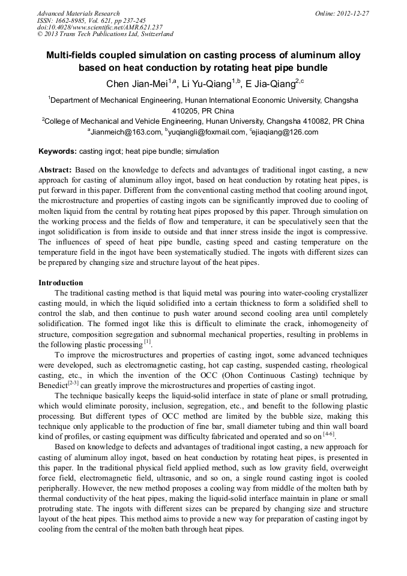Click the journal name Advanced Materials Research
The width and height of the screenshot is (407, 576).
tap(78, 13)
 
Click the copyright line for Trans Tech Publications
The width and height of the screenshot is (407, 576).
tap(105, 34)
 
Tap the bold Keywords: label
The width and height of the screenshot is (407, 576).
tap(58, 151)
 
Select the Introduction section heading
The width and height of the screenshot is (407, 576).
tap(61, 282)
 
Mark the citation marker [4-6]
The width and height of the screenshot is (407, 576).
tap(328, 434)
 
